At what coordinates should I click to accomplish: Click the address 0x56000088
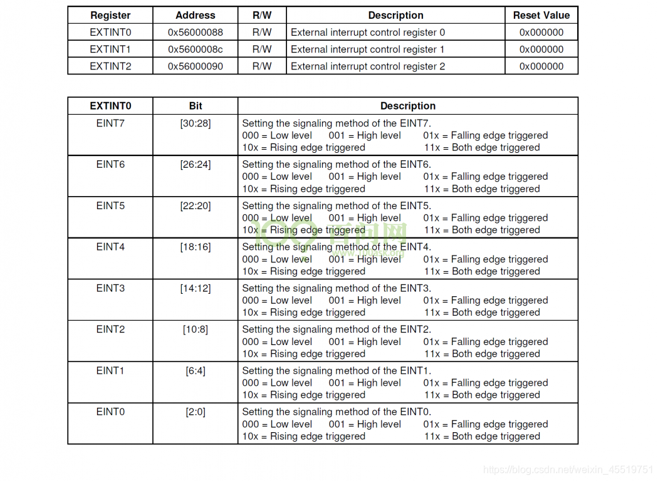pyautogui.click(x=195, y=32)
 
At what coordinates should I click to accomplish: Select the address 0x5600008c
pyautogui.click(x=195, y=49)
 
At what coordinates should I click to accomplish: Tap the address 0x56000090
pyautogui.click(x=195, y=66)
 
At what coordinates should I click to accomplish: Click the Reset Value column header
pyautogui.click(x=541, y=15)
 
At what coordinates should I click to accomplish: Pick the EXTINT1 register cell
pyautogui.click(x=110, y=49)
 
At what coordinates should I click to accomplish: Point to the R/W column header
pyautogui.click(x=262, y=15)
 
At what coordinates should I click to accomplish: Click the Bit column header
pyautogui.click(x=196, y=106)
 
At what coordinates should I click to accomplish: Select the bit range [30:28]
pyautogui.click(x=196, y=123)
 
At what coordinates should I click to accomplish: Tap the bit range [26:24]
pyautogui.click(x=196, y=165)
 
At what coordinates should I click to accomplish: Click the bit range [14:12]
pyautogui.click(x=196, y=288)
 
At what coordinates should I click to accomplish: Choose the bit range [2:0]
pyautogui.click(x=196, y=411)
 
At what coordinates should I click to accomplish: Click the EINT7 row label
pyautogui.click(x=110, y=123)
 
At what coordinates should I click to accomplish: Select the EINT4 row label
pyautogui.click(x=110, y=247)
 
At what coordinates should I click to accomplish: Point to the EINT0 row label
pyautogui.click(x=110, y=411)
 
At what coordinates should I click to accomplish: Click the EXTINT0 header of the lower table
pyautogui.click(x=110, y=106)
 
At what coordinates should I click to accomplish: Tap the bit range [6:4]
pyautogui.click(x=196, y=371)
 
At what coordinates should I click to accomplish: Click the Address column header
pyautogui.click(x=195, y=15)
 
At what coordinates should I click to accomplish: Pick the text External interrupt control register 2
pyautogui.click(x=368, y=66)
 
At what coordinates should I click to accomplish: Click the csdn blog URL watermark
pyautogui.click(x=568, y=469)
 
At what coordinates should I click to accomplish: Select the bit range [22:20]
pyautogui.click(x=196, y=205)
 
